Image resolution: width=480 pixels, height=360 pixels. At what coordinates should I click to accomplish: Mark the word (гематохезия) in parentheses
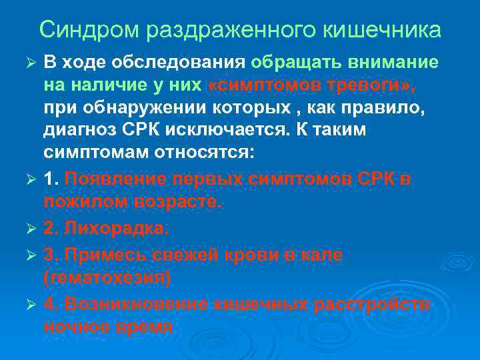[107, 277]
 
